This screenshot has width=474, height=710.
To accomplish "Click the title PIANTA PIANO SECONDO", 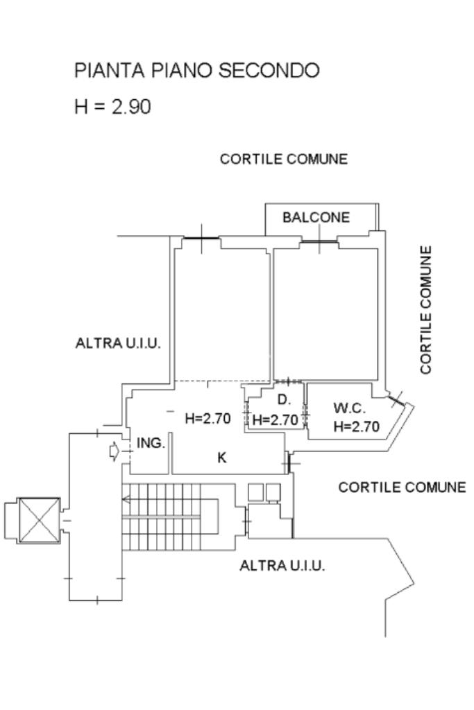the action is (196, 70).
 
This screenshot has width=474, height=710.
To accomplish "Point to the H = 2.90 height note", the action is (112, 107).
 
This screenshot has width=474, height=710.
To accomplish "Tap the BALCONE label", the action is (316, 217).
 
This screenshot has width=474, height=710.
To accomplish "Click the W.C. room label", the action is (349, 408).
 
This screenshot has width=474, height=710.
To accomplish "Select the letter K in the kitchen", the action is (221, 458).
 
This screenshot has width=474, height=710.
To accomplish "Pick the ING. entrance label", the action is (151, 443).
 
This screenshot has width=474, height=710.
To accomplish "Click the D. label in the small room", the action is (284, 400).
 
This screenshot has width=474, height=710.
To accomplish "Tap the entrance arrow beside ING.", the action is (115, 451).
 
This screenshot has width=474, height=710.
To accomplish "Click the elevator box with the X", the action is (39, 520).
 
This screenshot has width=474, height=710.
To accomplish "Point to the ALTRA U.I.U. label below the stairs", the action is (282, 566).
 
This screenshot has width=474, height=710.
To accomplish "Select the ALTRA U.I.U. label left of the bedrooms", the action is (118, 343).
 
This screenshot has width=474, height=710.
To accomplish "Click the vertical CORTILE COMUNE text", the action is (425, 310).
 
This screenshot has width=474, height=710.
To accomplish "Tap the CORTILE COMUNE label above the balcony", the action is (284, 159).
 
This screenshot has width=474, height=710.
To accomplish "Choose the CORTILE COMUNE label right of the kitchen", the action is (402, 487).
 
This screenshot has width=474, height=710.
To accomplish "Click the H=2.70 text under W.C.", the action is (356, 426).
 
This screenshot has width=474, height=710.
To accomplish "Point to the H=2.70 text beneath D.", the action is (275, 419).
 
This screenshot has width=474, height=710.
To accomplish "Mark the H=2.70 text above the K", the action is (208, 418).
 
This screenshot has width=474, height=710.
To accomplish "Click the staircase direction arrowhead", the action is (126, 500).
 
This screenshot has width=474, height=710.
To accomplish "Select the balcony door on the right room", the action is (319, 241).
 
